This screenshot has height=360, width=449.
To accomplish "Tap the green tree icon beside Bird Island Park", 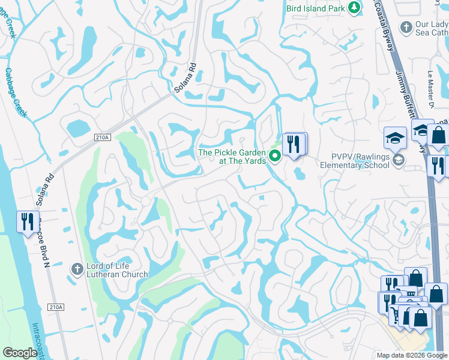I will coord(355,7).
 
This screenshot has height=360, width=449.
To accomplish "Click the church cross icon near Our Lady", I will coord(406,28).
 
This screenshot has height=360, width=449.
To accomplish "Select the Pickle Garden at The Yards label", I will coord(231,157).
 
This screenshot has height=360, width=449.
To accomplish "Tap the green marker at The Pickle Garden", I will coord(275,157).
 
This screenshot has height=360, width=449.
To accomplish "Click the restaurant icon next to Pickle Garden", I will coord(294,144).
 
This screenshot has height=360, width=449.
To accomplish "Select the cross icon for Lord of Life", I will coord(76,269).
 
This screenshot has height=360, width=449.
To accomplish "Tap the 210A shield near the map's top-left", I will coord(103,137).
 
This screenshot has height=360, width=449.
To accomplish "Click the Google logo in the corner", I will coord(20,353).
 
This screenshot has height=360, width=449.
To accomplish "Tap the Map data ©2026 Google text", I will coord(412,355).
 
